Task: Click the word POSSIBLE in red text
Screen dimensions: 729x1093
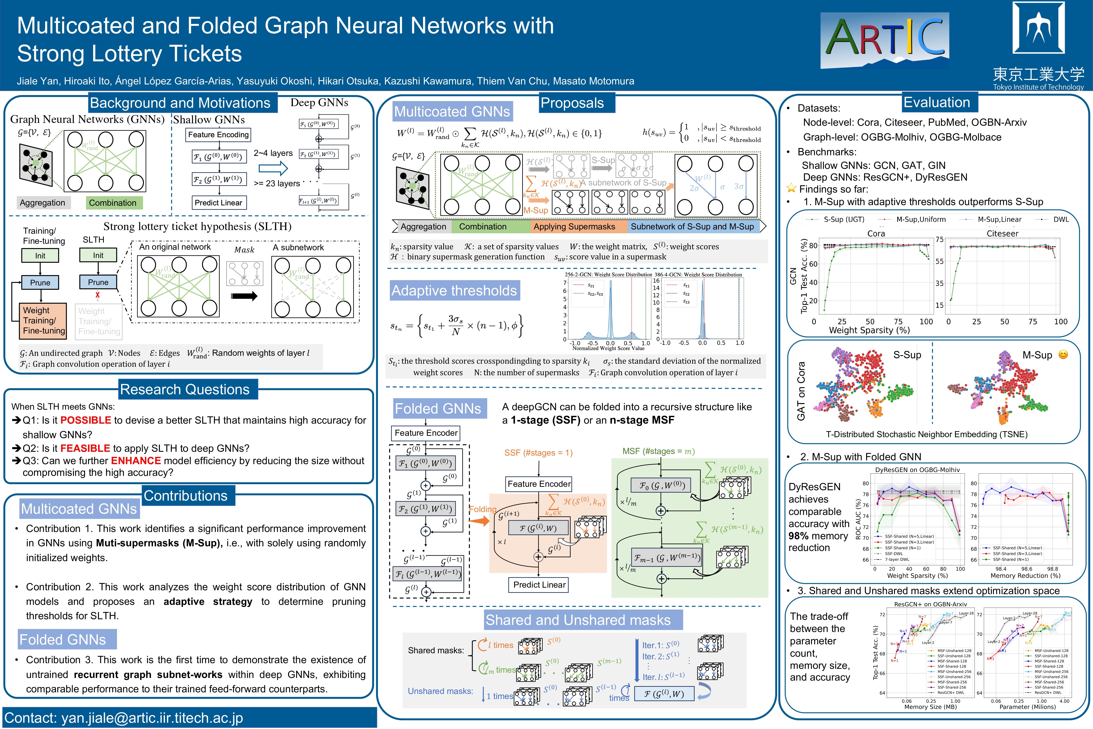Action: (x=85, y=420)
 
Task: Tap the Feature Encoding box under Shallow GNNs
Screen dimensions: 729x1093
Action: (x=218, y=135)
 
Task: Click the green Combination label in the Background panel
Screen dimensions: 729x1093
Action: (x=113, y=203)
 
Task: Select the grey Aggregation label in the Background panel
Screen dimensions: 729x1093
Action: (x=42, y=203)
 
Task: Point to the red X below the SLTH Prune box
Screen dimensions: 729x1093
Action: (x=98, y=295)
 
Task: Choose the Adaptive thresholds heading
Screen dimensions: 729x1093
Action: (x=454, y=291)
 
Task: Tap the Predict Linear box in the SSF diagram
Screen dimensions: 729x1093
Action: (x=539, y=585)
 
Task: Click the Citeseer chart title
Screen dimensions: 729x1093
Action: (x=1002, y=233)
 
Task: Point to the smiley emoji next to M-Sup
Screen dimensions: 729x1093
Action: (x=1063, y=355)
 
